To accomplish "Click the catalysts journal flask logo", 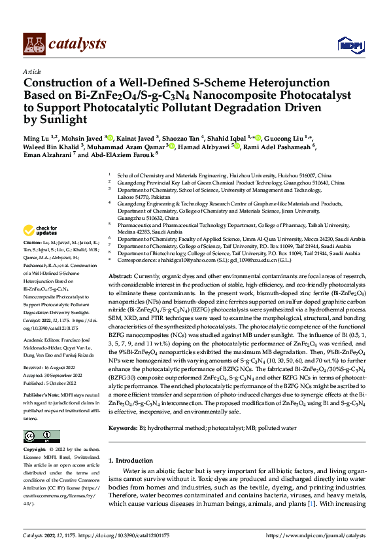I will [35, 44].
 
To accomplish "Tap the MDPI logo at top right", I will [348, 44].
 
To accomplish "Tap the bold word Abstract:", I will [122, 277].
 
